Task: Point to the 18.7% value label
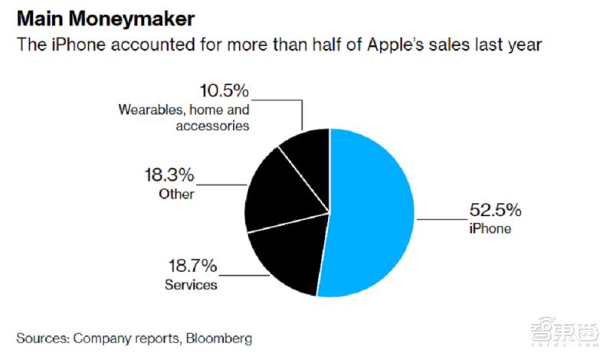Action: click(x=192, y=267)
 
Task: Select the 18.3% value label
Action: click(x=169, y=175)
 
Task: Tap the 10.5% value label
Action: click(x=224, y=91)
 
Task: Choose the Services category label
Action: click(x=192, y=285)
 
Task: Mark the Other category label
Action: click(x=177, y=195)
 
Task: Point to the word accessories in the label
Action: click(x=215, y=126)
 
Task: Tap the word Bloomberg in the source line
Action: click(x=217, y=337)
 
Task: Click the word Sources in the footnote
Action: click(x=43, y=337)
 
